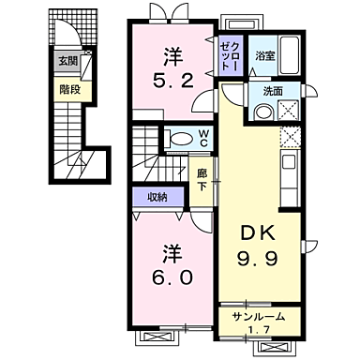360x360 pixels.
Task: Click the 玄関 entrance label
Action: [69, 63]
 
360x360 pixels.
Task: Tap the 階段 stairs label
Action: [69, 91]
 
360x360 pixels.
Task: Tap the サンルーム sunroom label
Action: [261, 318]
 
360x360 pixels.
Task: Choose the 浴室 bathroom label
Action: [263, 56]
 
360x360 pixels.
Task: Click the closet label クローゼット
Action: [232, 54]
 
